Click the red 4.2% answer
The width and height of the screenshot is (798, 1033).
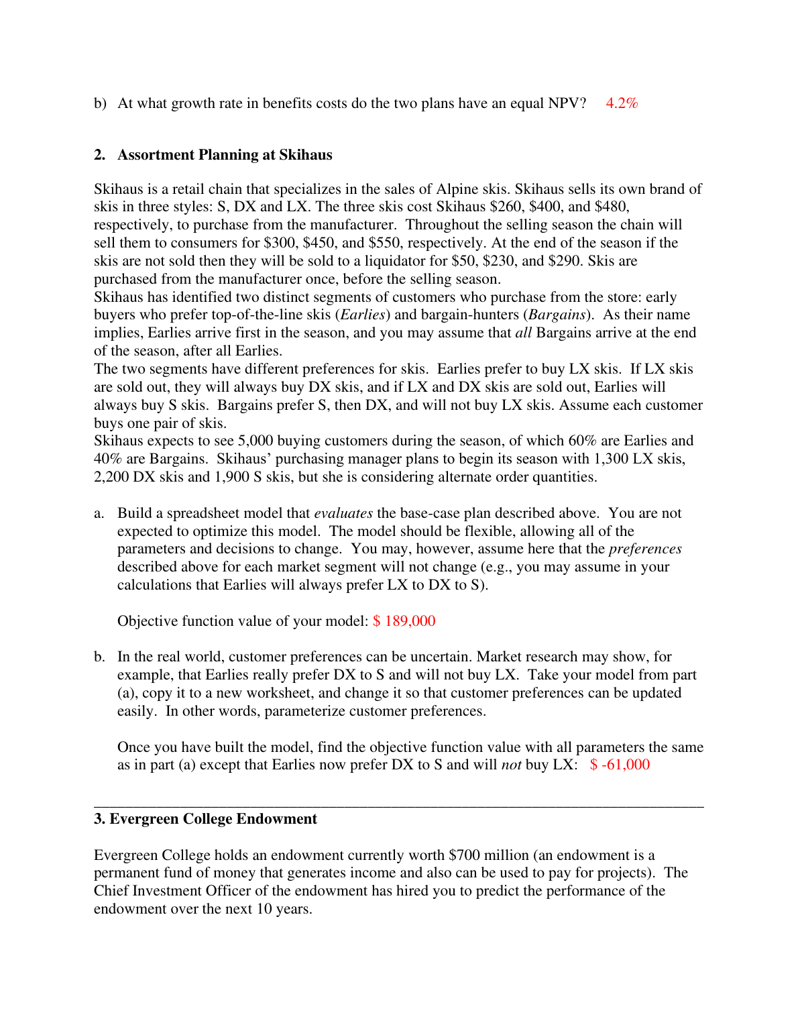[x=622, y=103]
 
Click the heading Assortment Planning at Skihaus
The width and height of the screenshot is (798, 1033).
[x=225, y=155]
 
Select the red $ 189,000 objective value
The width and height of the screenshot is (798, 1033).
[x=404, y=621]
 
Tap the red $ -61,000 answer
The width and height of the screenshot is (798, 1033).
[x=620, y=765]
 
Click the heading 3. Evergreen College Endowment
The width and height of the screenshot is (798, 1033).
[x=205, y=819]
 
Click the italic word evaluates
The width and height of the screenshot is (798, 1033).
[x=343, y=513]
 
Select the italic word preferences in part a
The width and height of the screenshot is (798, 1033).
[x=645, y=549]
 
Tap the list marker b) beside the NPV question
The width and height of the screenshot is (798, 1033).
[x=100, y=103]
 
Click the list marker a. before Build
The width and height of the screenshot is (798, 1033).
[x=99, y=513]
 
